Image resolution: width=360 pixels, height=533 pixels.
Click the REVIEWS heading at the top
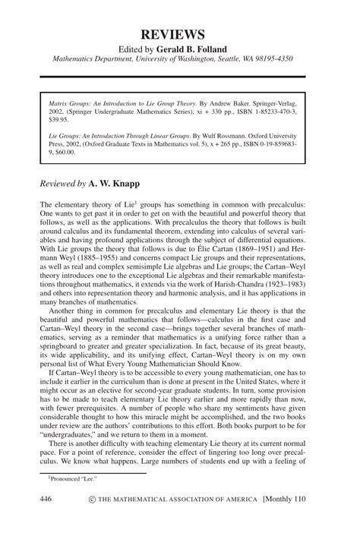coord(180,34)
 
